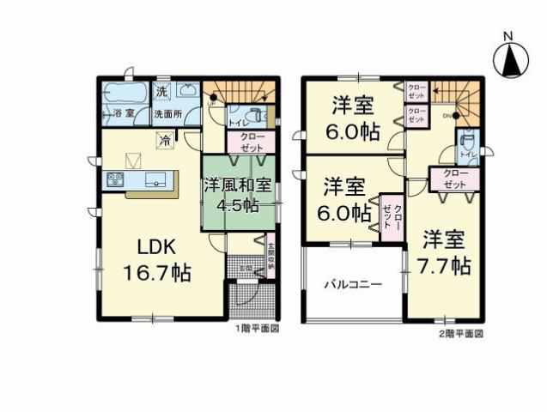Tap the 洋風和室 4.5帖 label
(231, 195)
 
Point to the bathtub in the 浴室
(125, 93)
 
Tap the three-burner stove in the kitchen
(116, 179)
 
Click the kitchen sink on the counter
(155, 179)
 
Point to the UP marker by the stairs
(211, 104)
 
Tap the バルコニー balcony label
(352, 284)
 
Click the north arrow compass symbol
(507, 58)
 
